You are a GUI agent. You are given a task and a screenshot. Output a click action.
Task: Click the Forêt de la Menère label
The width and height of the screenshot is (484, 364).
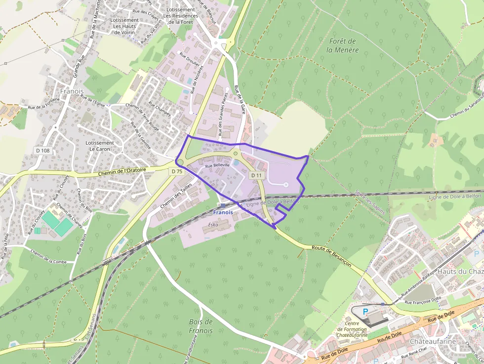click(342, 45)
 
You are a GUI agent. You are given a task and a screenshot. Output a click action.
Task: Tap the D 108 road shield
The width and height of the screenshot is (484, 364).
click(42, 150)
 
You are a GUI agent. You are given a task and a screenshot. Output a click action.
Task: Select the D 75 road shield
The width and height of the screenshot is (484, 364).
click(177, 171)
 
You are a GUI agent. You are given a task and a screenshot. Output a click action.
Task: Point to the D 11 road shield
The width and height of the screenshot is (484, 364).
click(256, 175)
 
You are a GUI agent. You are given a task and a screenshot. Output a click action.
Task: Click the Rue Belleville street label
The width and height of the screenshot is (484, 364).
click(218, 165)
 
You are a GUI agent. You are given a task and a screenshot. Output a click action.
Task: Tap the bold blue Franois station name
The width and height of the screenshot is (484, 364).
click(223, 212)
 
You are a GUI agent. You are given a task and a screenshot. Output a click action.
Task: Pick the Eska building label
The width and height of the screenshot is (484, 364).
click(213, 224)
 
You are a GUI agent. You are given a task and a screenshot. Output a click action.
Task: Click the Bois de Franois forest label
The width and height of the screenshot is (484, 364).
click(201, 326)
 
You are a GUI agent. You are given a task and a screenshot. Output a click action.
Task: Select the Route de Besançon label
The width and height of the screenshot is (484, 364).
click(331, 255)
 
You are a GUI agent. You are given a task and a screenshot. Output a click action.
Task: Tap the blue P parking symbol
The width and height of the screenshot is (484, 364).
click(365, 312)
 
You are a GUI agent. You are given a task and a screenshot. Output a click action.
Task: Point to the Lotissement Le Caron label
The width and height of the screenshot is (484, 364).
click(100, 146)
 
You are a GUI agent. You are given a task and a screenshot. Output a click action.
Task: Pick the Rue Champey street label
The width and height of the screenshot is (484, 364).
click(160, 110)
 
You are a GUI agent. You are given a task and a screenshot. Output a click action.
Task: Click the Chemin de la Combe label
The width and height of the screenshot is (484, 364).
click(48, 257)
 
